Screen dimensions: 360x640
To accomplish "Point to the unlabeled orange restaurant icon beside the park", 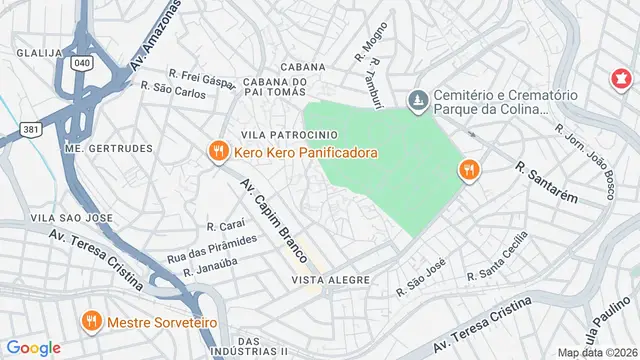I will click(x=467, y=170).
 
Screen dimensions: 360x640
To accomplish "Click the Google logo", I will click(x=33, y=347).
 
